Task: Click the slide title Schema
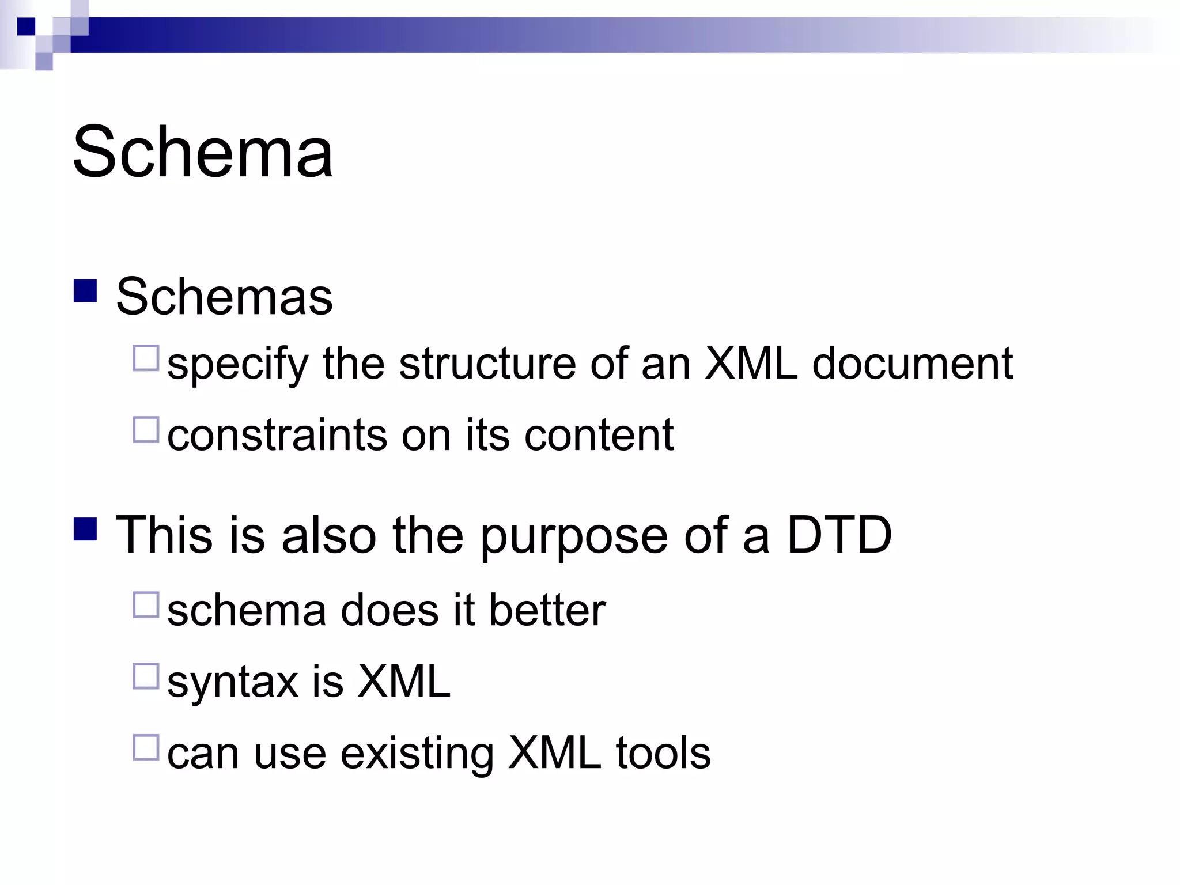tap(203, 152)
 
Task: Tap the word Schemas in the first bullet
tap(224, 297)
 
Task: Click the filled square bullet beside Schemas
tap(85, 291)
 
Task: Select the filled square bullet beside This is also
tap(85, 529)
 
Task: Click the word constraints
tap(277, 435)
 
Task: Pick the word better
tap(547, 610)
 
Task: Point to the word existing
tap(417, 754)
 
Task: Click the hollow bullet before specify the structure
tap(146, 358)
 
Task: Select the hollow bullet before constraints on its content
tap(146, 429)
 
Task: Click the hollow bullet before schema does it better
tap(146, 604)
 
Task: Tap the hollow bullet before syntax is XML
tap(146, 676)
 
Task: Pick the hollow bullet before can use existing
tap(146, 747)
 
